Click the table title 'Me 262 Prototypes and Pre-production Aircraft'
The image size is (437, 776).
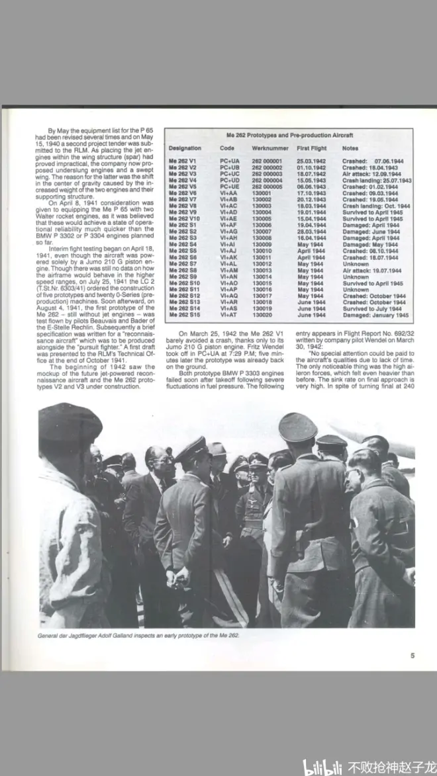tap(289, 135)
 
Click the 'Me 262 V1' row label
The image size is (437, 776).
tap(183, 161)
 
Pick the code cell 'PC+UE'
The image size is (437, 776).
tap(230, 187)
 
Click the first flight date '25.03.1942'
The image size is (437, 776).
tap(311, 161)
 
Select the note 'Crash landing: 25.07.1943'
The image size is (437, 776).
tap(376, 181)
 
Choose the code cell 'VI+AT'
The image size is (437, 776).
tap(229, 315)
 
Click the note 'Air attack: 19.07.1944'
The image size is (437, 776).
tap(371, 271)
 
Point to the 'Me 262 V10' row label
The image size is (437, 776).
tap(185, 219)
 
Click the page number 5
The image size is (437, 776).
tap(412, 656)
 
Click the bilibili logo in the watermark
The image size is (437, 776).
tap(323, 767)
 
